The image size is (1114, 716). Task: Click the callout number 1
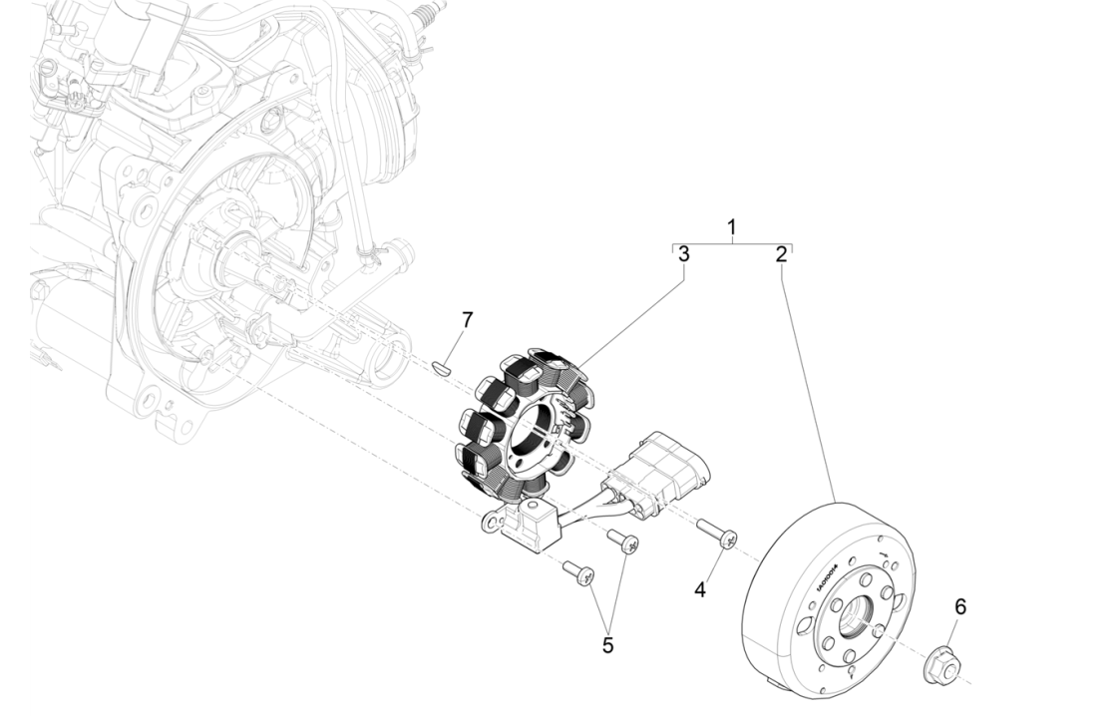(x=731, y=227)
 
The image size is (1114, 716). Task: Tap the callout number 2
(x=781, y=254)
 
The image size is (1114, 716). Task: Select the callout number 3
(x=683, y=254)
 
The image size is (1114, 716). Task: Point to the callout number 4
(x=700, y=590)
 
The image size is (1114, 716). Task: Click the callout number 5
(x=607, y=645)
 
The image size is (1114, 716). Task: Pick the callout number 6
(x=960, y=606)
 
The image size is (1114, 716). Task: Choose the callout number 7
(x=467, y=320)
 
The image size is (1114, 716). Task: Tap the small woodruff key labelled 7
(x=443, y=367)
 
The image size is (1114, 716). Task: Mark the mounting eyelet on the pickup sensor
(x=492, y=521)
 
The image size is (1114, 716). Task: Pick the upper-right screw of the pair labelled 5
(x=624, y=542)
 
